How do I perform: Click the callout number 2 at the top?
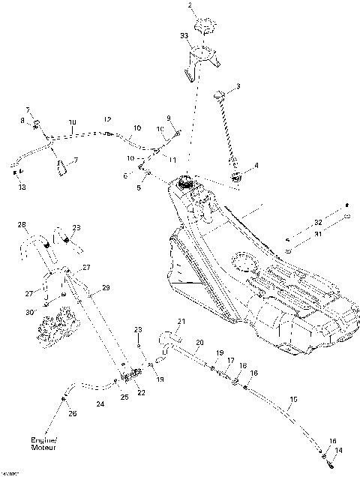[190, 6]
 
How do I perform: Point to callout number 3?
[238, 88]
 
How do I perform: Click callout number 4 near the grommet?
[256, 166]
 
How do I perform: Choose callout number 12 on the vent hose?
[107, 119]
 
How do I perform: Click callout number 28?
[22, 224]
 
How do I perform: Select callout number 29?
[106, 287]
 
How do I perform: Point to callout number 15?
[292, 399]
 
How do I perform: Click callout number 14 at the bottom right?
[338, 450]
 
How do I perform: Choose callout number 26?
[72, 412]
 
